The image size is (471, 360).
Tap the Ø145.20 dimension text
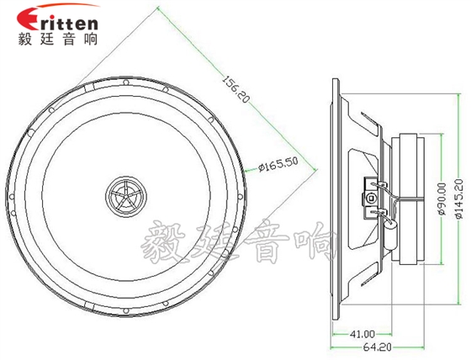[x=459, y=199]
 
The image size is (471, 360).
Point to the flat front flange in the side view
[x=335, y=199]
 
